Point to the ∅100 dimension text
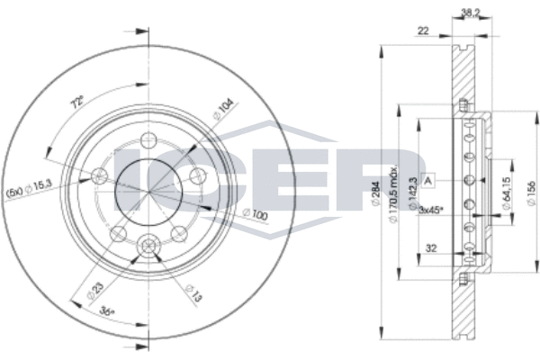(x=256, y=213)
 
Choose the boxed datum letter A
(x=429, y=180)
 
